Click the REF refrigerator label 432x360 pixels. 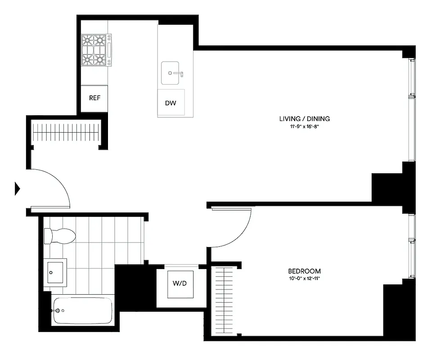point(94,98)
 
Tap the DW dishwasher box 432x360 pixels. point(171,103)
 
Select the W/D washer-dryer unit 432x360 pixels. point(180,284)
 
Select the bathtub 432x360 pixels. point(83,310)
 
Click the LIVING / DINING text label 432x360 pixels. point(305,119)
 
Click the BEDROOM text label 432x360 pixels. point(304,271)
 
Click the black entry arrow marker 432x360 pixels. point(18,189)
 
